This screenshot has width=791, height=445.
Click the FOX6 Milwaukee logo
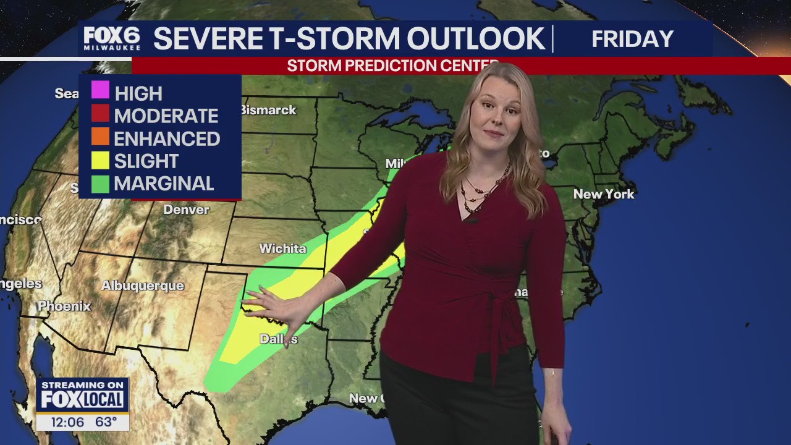112,38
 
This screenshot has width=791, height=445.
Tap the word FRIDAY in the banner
632,39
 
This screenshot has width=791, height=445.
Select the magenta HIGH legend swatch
100,91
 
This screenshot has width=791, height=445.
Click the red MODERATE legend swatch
100,114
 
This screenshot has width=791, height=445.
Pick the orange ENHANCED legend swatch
100,137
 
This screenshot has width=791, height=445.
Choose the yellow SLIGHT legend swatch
100,160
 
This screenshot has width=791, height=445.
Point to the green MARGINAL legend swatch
100,184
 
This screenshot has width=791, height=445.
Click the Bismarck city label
268,110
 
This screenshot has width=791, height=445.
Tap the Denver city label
186,210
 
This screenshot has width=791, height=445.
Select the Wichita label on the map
282,248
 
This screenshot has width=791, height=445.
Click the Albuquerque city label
143,286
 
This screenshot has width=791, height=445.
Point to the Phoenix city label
64,306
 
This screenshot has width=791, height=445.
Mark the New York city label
604,194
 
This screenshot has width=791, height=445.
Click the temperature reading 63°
106,422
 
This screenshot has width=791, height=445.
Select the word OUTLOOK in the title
475,39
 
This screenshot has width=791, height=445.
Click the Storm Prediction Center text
393,66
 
